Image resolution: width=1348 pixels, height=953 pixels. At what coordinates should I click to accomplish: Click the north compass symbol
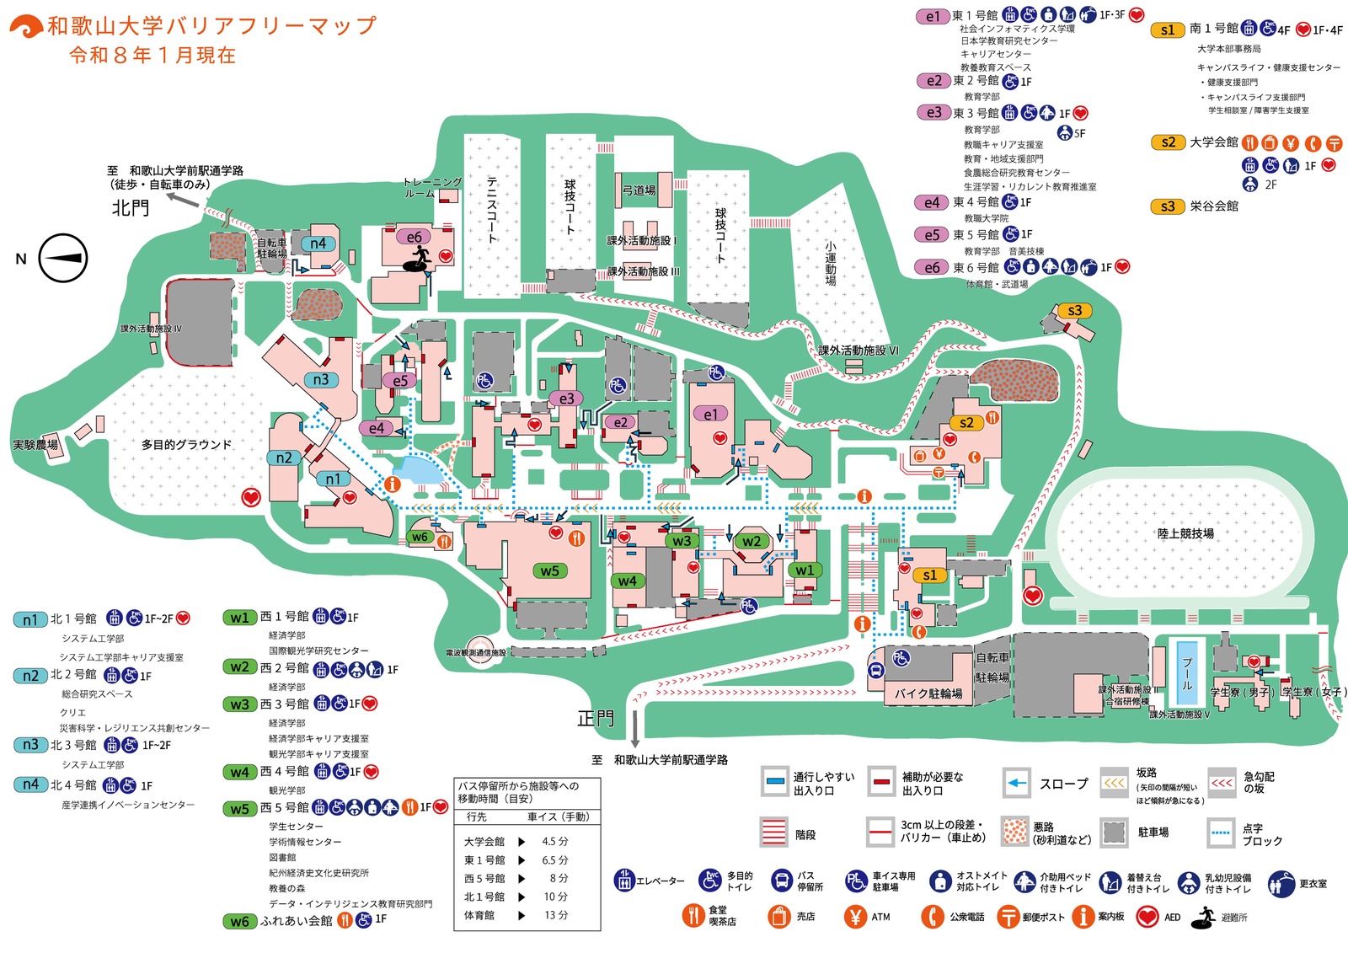pos(63,258)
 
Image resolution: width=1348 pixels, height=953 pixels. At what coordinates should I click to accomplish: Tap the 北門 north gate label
pos(131,207)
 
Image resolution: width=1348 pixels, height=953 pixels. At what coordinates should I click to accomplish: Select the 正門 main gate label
pos(596,719)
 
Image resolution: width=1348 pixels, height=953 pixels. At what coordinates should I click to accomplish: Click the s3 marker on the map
pos(1074,311)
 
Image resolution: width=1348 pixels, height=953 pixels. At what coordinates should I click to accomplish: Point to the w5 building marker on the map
pos(549,570)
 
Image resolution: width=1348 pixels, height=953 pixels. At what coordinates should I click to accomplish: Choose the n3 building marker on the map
pos(321,380)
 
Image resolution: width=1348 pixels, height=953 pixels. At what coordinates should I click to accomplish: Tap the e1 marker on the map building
pos(709,414)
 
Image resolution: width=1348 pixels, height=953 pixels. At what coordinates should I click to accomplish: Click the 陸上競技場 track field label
pos(1185,533)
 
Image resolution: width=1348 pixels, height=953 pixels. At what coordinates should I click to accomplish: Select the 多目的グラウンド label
pos(186,444)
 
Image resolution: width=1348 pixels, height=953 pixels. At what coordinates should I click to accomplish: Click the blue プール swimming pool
pos(1187,674)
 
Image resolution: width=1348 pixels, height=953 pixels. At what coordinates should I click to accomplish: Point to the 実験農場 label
pos(35,444)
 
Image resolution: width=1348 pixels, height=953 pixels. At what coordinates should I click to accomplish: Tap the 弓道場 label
pos(639,190)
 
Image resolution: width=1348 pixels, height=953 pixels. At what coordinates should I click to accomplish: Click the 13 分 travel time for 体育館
pos(556,915)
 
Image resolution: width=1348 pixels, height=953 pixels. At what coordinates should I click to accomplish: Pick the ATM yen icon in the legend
pos(855,917)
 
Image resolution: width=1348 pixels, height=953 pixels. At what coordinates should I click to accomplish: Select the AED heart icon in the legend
pos(1147,917)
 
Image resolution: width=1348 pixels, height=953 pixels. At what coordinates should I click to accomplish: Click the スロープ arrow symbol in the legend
pos(1018,784)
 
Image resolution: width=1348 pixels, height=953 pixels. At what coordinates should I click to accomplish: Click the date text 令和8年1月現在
pos(152,56)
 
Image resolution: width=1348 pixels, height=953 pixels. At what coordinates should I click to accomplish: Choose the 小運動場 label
pos(831,263)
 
